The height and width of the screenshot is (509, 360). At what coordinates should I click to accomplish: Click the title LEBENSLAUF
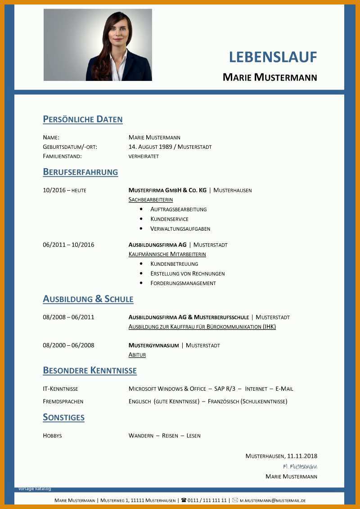[x=273, y=57]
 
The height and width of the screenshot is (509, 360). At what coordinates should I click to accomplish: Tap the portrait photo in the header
[x=98, y=45]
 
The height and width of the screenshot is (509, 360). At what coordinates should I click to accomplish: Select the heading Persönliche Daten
[x=83, y=119]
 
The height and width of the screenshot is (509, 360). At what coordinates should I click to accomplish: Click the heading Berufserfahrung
[x=81, y=172]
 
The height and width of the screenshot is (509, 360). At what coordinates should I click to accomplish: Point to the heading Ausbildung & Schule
[x=88, y=299]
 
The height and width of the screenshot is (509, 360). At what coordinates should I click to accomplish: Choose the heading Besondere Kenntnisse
[x=90, y=371]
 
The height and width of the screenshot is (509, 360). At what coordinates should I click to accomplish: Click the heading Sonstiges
[x=63, y=417]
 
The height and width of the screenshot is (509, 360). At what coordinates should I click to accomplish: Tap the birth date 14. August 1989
[x=152, y=147]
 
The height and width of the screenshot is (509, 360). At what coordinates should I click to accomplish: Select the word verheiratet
[x=144, y=156]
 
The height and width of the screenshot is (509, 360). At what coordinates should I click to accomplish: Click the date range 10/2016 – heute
[x=64, y=190]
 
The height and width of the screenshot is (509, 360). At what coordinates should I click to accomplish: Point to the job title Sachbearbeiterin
[x=151, y=200]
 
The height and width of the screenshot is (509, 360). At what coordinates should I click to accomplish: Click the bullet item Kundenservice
[x=169, y=219]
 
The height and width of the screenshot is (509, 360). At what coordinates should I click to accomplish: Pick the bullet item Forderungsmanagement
[x=183, y=283]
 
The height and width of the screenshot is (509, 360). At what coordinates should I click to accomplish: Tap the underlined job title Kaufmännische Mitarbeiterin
[x=167, y=254]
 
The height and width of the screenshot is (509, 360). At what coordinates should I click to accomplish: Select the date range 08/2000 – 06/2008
[x=68, y=345]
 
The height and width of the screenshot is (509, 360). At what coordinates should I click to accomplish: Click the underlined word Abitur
[x=137, y=355]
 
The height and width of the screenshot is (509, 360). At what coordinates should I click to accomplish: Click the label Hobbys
[x=52, y=435]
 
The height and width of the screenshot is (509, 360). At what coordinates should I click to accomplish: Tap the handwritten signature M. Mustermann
[x=300, y=466]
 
